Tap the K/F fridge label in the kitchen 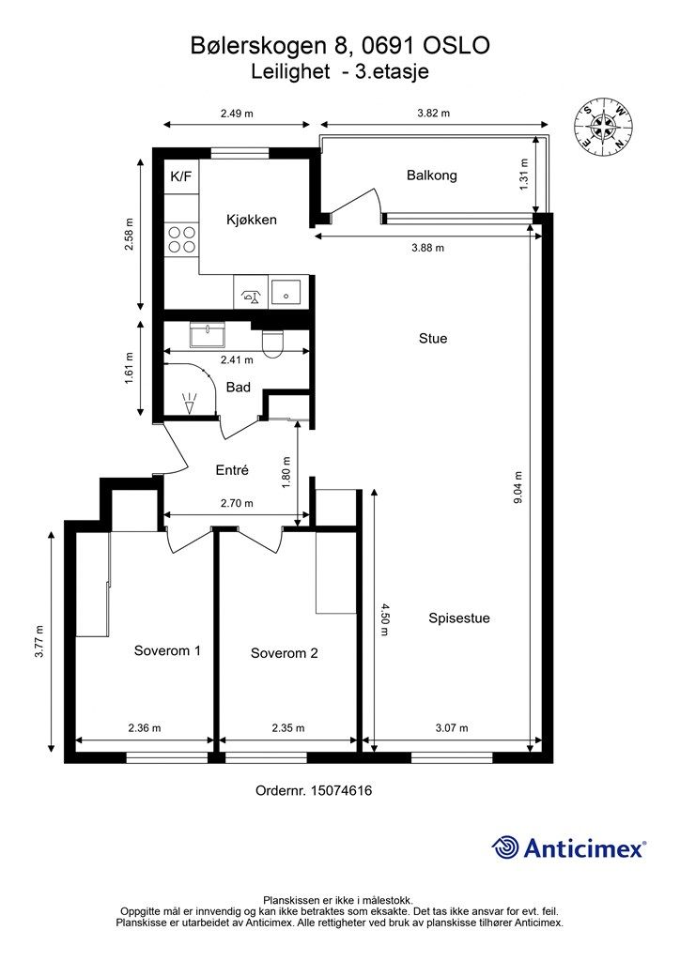click(181, 177)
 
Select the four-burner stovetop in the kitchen click(181, 239)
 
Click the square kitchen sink click(286, 293)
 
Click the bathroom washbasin click(208, 335)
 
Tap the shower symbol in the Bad click(190, 402)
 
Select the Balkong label click(432, 175)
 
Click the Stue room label click(433, 338)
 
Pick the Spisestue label click(459, 618)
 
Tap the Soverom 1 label click(167, 650)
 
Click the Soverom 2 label click(284, 653)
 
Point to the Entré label click(232, 470)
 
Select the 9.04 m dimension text click(518, 487)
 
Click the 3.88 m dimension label click(428, 248)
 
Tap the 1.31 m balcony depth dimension click(524, 175)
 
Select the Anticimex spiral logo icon click(504, 847)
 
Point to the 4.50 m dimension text click(384, 619)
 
